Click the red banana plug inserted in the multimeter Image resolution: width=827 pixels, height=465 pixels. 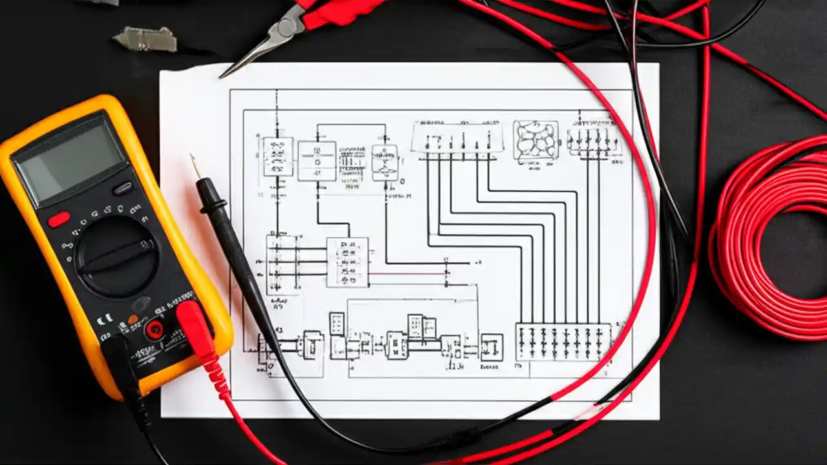pos(194,327)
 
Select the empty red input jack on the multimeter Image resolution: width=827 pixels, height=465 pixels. pos(155,330)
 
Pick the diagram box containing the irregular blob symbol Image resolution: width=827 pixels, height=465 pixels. pos(535,139)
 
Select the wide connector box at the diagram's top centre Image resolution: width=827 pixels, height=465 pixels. pos(457,138)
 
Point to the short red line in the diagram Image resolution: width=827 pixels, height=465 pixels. pos(407,273)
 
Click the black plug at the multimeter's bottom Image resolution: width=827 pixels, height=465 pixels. pos(120,355)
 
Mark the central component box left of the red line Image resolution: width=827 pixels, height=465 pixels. pos(348,262)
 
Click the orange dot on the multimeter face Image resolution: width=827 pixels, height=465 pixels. pos(132,319)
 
